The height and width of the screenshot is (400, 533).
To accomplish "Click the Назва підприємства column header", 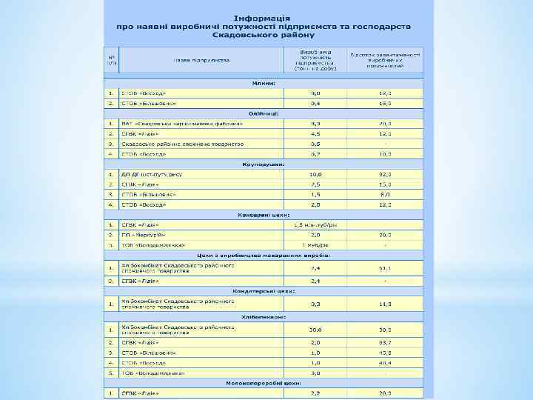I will coord(201,59).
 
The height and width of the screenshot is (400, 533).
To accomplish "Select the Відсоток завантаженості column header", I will coord(385,59).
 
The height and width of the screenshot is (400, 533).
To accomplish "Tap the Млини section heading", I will coord(263,83).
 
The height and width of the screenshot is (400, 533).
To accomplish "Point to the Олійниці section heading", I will coord(263,113).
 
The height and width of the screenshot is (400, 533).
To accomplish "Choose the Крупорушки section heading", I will coord(263,164).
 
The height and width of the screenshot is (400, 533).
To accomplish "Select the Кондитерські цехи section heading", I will coord(263,291).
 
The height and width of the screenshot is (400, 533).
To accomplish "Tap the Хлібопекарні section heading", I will coord(263,316).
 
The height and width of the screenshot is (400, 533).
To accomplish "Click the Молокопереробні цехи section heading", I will coord(263,383).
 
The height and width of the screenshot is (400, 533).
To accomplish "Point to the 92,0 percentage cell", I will coord(384,173).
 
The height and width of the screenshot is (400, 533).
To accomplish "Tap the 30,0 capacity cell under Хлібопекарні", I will coord(315,330).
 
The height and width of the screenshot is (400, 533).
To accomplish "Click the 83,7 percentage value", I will coord(384,343).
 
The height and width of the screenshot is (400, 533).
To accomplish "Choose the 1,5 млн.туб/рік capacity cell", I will coord(315,224).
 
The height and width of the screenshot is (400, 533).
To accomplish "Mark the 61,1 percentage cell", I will coord(384,268).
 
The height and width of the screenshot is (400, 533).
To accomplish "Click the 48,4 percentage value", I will coord(384,363).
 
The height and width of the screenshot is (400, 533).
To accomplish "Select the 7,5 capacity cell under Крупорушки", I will coord(315,184).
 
